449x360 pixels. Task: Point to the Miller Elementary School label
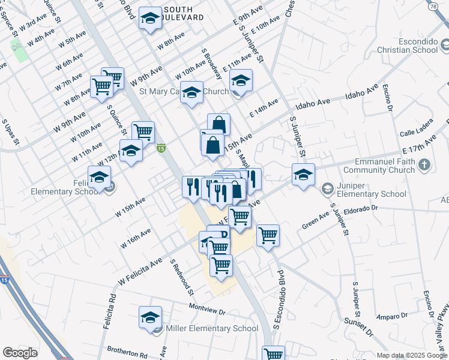(x=212, y=328)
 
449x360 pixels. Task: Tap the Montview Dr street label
(x=206, y=313)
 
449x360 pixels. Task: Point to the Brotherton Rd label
(x=127, y=350)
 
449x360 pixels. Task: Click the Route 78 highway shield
(x=432, y=6)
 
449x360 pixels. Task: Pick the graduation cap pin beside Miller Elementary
(x=150, y=318)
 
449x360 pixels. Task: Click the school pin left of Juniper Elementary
(x=303, y=175)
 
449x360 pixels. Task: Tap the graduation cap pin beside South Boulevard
(x=150, y=19)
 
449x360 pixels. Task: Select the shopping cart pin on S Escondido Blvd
(x=268, y=235)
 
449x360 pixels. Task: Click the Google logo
(x=20, y=353)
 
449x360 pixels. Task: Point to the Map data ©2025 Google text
(x=411, y=355)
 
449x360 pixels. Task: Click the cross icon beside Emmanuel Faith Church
(x=424, y=164)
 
